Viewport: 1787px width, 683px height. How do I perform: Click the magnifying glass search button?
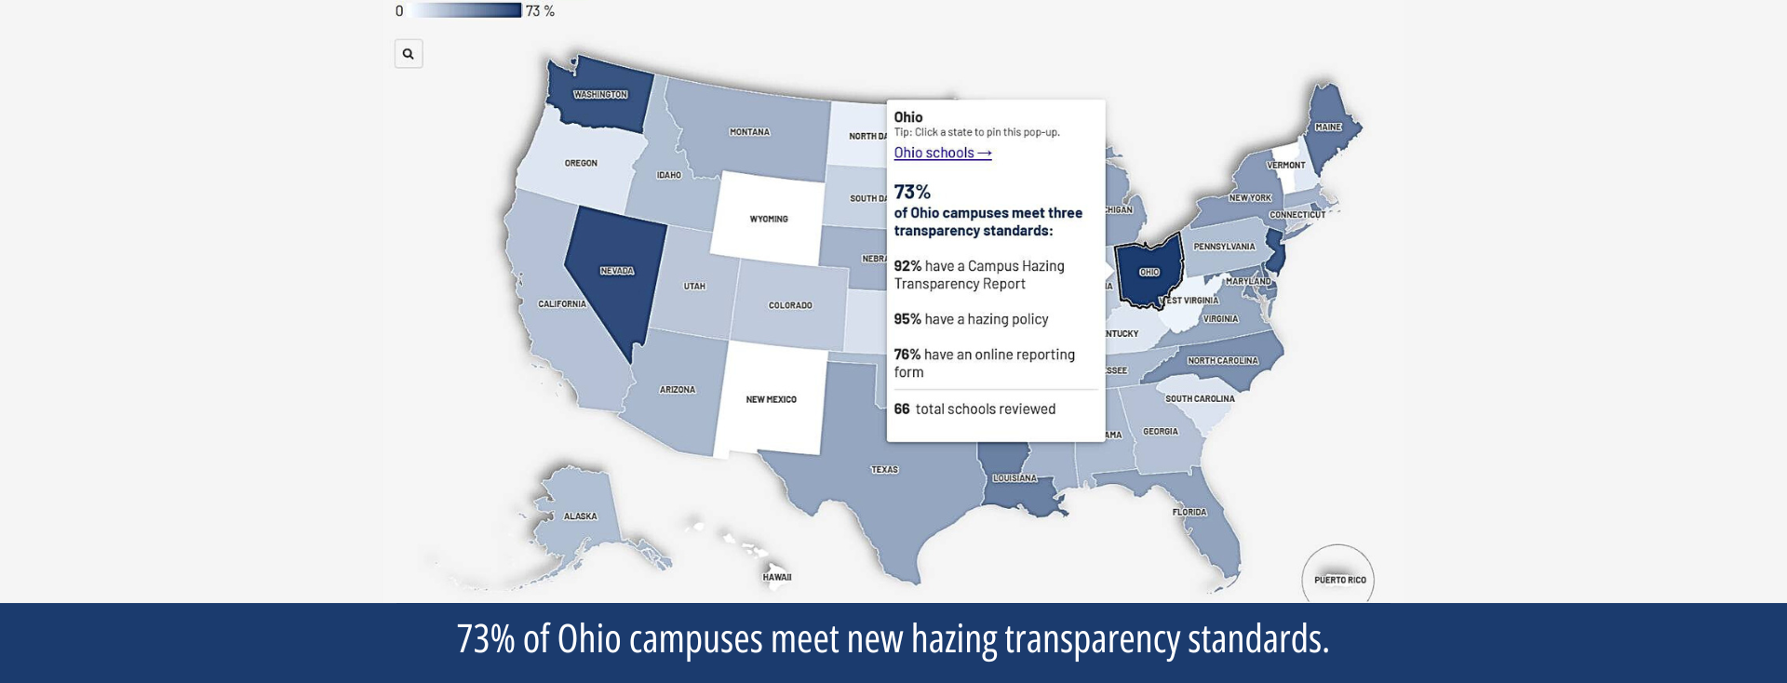tap(408, 54)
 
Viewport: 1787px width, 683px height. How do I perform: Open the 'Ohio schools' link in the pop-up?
tap(942, 153)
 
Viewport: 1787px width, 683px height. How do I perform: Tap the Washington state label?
tap(600, 95)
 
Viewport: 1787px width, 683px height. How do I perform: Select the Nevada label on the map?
tap(616, 271)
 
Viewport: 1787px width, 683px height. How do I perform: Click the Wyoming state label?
tap(769, 220)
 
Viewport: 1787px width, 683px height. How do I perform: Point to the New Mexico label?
tap(771, 400)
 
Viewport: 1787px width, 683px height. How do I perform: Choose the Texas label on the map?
tap(884, 470)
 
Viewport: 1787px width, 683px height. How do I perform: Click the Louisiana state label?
tap(1014, 478)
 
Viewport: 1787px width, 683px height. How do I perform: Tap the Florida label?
tap(1189, 513)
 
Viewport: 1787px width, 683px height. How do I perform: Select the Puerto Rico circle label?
tap(1339, 580)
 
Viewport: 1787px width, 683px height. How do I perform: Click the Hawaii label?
tap(777, 578)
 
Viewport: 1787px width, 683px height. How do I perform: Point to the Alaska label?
tap(580, 516)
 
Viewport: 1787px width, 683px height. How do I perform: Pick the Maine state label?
tap(1328, 127)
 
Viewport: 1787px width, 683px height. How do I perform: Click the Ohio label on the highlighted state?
tap(1149, 273)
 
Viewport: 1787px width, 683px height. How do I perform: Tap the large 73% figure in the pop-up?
tap(912, 192)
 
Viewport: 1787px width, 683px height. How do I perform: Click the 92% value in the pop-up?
tap(907, 266)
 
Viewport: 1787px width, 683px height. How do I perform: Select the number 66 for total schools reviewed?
tap(902, 409)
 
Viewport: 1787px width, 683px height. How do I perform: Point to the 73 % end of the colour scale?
tap(540, 11)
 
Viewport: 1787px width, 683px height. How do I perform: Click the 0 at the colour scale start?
tap(399, 11)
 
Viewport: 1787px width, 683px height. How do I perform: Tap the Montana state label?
tap(749, 132)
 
